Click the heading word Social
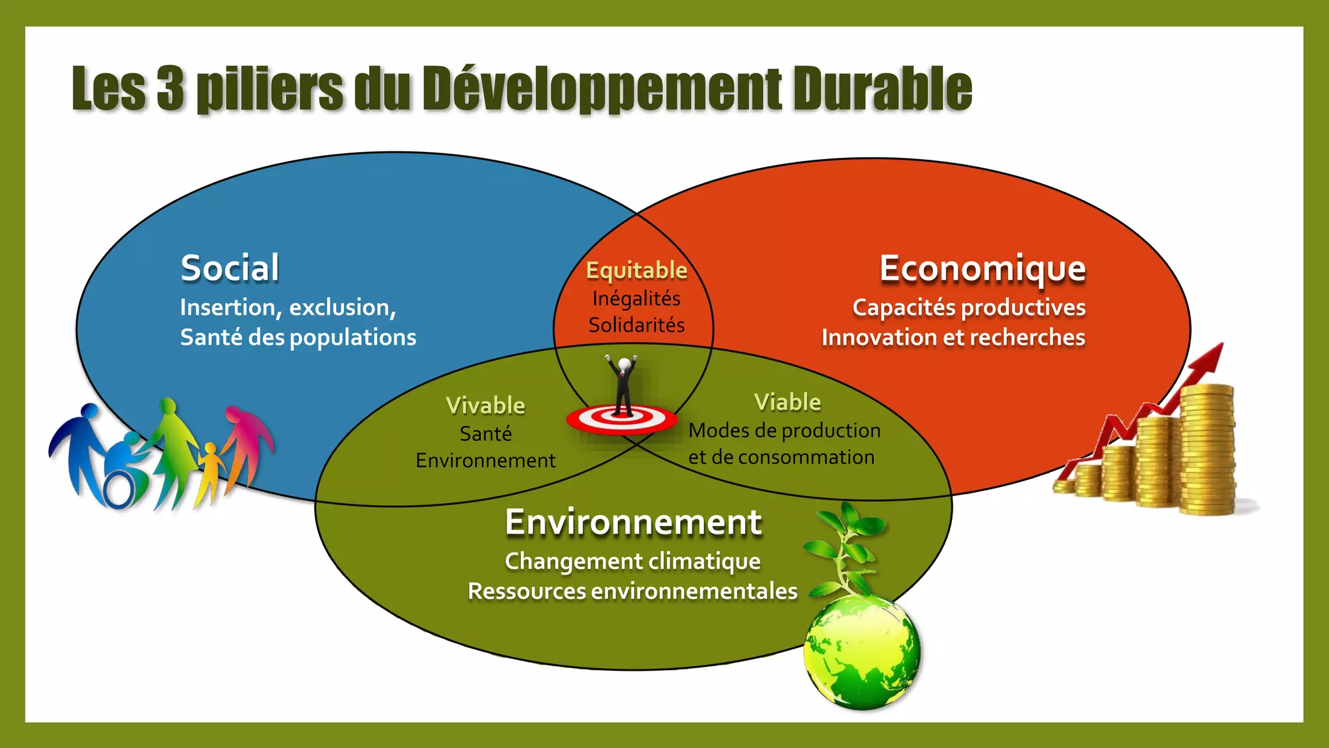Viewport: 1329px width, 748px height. click(230, 268)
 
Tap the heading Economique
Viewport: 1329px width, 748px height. click(982, 268)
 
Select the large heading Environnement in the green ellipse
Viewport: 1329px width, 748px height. click(633, 522)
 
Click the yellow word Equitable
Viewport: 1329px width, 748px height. click(636, 270)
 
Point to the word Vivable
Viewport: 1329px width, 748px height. click(485, 406)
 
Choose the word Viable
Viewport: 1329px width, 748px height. click(787, 403)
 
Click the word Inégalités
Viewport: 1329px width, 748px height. click(636, 299)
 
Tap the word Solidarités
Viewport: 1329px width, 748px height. click(636, 325)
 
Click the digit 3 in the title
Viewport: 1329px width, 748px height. click(171, 88)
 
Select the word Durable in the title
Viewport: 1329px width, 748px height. click(882, 88)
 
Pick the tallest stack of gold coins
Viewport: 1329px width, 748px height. click(1206, 448)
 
